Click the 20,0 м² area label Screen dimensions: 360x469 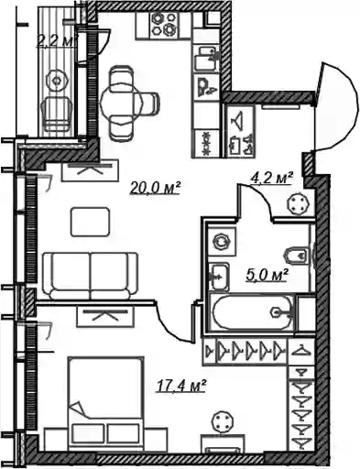tap(156, 188)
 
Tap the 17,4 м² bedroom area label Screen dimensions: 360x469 tap(180, 386)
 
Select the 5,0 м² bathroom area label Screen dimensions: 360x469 tap(267, 275)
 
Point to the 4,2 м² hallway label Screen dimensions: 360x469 tap(272, 178)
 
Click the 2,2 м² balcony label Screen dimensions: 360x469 tap(57, 40)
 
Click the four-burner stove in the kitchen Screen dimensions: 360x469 tap(164, 24)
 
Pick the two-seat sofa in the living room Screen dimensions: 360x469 tap(91, 276)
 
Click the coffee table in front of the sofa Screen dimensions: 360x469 tap(90, 222)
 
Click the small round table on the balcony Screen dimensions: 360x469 tap(57, 81)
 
